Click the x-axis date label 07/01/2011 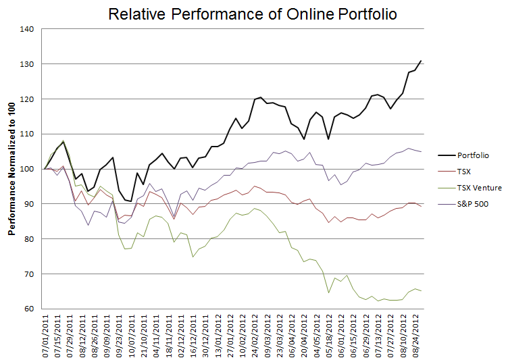pyautogui.click(x=45, y=336)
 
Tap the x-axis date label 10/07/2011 pyautogui.click(x=129, y=336)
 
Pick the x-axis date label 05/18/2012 pyautogui.click(x=328, y=336)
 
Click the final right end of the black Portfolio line pyautogui.click(x=422, y=61)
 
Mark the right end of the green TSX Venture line pyautogui.click(x=422, y=290)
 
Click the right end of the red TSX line pyautogui.click(x=422, y=205)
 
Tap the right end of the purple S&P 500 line pyautogui.click(x=422, y=151)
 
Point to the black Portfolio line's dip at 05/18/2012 pyautogui.click(x=328, y=139)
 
